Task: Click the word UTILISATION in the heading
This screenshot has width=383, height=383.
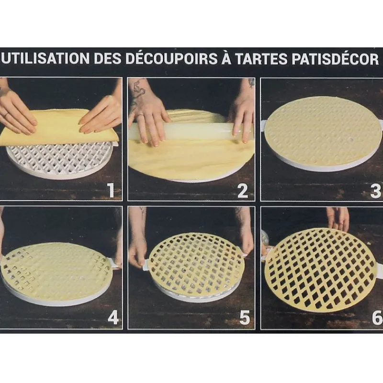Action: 45,58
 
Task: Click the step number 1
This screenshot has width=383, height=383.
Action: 111,190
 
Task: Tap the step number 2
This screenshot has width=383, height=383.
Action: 243,191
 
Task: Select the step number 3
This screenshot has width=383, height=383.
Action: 375,191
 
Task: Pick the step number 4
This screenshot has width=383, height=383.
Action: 113,317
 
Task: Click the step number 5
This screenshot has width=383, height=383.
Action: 245,317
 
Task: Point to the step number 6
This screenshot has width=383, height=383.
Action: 377,317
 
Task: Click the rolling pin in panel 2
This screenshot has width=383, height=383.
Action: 191,132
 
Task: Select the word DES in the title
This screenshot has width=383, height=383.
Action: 108,58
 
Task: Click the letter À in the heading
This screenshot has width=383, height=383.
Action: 226,57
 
